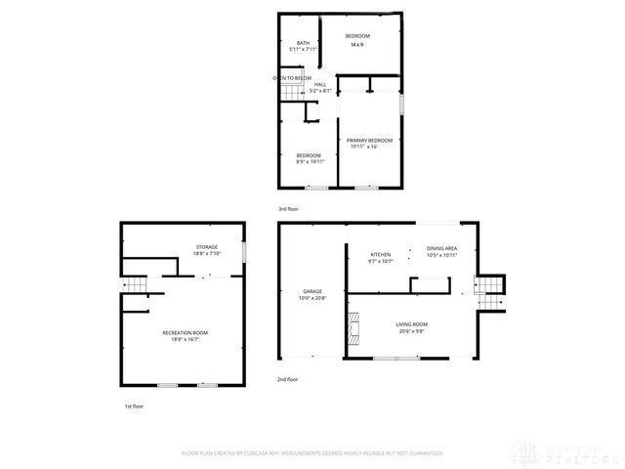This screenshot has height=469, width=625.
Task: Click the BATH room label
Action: (304, 43)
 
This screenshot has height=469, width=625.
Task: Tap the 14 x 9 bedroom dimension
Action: (357, 45)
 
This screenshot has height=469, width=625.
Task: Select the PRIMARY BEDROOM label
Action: (369, 140)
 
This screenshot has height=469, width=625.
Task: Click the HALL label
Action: (320, 85)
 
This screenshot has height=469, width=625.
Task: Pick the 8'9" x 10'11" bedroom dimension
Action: (309, 161)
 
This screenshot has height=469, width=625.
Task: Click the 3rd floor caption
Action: (288, 208)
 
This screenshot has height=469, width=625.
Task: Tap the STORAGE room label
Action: (206, 246)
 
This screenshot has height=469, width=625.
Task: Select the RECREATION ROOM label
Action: (186, 333)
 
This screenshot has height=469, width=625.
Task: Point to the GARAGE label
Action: (312, 291)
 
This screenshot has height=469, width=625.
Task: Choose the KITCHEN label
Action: (366, 254)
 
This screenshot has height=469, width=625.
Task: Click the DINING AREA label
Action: (442, 248)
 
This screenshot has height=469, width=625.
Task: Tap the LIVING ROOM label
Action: (411, 323)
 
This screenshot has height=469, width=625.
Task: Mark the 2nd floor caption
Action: (287, 378)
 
